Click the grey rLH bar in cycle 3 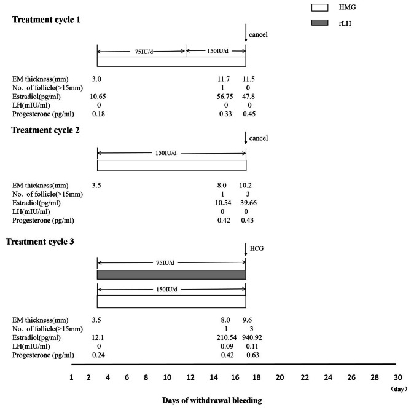171,275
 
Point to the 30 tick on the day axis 397,377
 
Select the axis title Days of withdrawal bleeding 212,400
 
